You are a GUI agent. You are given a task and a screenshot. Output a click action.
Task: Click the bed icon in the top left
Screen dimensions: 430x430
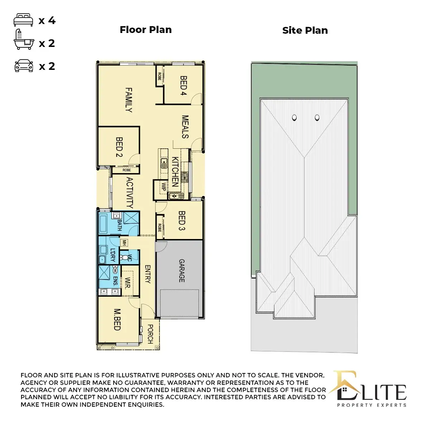click(24, 20)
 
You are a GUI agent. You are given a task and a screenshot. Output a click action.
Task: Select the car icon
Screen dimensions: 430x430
click(24, 66)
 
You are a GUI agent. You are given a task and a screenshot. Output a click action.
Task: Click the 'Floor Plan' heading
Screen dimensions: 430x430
click(145, 30)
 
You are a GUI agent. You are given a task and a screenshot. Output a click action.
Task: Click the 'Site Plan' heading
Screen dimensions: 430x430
click(305, 30)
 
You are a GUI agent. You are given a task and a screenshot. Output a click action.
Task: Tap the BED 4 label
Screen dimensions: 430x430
click(183, 85)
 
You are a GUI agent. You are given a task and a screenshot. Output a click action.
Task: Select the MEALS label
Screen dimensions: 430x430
click(185, 126)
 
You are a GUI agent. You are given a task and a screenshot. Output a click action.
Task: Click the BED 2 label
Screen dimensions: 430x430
click(119, 147)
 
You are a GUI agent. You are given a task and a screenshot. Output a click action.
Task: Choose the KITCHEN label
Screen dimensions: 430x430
click(175, 172)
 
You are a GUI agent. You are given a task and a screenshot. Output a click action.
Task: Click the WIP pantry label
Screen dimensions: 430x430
click(164, 187)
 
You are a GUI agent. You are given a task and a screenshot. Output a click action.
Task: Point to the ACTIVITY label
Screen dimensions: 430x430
click(129, 193)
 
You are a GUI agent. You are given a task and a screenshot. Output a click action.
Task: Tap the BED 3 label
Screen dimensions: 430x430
click(182, 220)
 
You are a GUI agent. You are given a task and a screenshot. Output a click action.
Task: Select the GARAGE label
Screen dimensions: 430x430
click(182, 271)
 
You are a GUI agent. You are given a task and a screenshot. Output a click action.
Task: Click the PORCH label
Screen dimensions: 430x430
click(150, 334)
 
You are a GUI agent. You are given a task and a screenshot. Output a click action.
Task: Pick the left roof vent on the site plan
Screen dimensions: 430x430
click(295, 117)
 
